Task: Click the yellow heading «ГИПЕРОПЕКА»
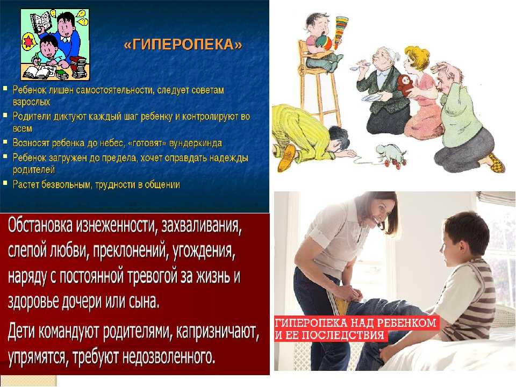[x=183, y=45]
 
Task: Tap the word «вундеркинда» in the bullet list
[x=196, y=143]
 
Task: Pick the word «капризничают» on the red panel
[x=218, y=332]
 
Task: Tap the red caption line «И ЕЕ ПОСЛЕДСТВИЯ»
[x=329, y=335]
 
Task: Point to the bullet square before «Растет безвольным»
[x=5, y=182]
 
